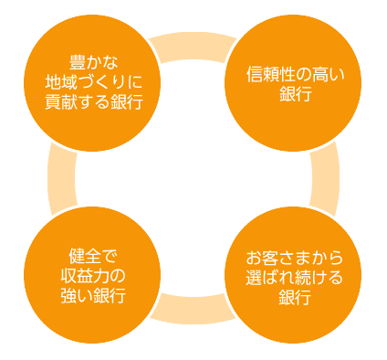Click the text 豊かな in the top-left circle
coord(93,62)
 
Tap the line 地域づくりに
coord(94,82)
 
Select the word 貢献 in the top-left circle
coord(61,101)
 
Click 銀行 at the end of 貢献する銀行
coord(127,101)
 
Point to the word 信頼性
coord(271,75)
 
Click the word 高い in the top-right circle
coord(329,75)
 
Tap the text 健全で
coord(92,257)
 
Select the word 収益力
coord(84,276)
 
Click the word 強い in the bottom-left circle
coord(77,296)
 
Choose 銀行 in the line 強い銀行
coord(110,296)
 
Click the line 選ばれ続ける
coord(295,278)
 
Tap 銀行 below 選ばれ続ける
coord(295,297)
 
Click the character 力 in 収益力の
coord(100,276)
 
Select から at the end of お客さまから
coord(327,258)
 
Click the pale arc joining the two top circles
coord(193,46)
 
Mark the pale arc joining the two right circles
coord(326,178)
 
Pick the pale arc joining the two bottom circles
coord(193,310)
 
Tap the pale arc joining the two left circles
coord(61,178)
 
